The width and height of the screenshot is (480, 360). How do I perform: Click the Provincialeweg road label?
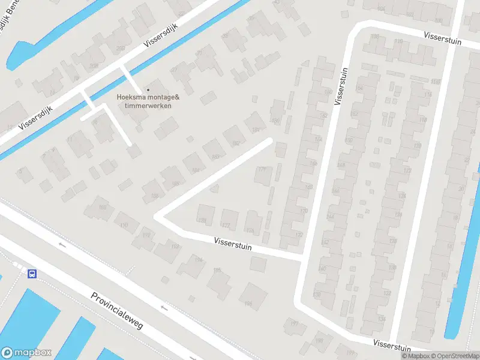(x=117, y=311)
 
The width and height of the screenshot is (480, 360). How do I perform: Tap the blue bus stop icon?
(x=32, y=274)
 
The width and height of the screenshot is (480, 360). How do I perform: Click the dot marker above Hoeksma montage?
(x=148, y=90)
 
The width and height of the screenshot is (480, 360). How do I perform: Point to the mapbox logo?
(x=26, y=353)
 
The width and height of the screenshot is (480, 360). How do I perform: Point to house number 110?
(x=399, y=41)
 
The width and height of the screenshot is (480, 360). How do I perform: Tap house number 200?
(x=120, y=48)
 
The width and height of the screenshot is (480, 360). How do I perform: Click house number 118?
(x=427, y=95)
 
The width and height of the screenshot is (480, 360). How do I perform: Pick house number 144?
(x=329, y=216)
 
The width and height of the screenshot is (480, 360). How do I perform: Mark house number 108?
(x=375, y=37)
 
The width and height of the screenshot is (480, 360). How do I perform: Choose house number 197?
(x=294, y=324)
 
